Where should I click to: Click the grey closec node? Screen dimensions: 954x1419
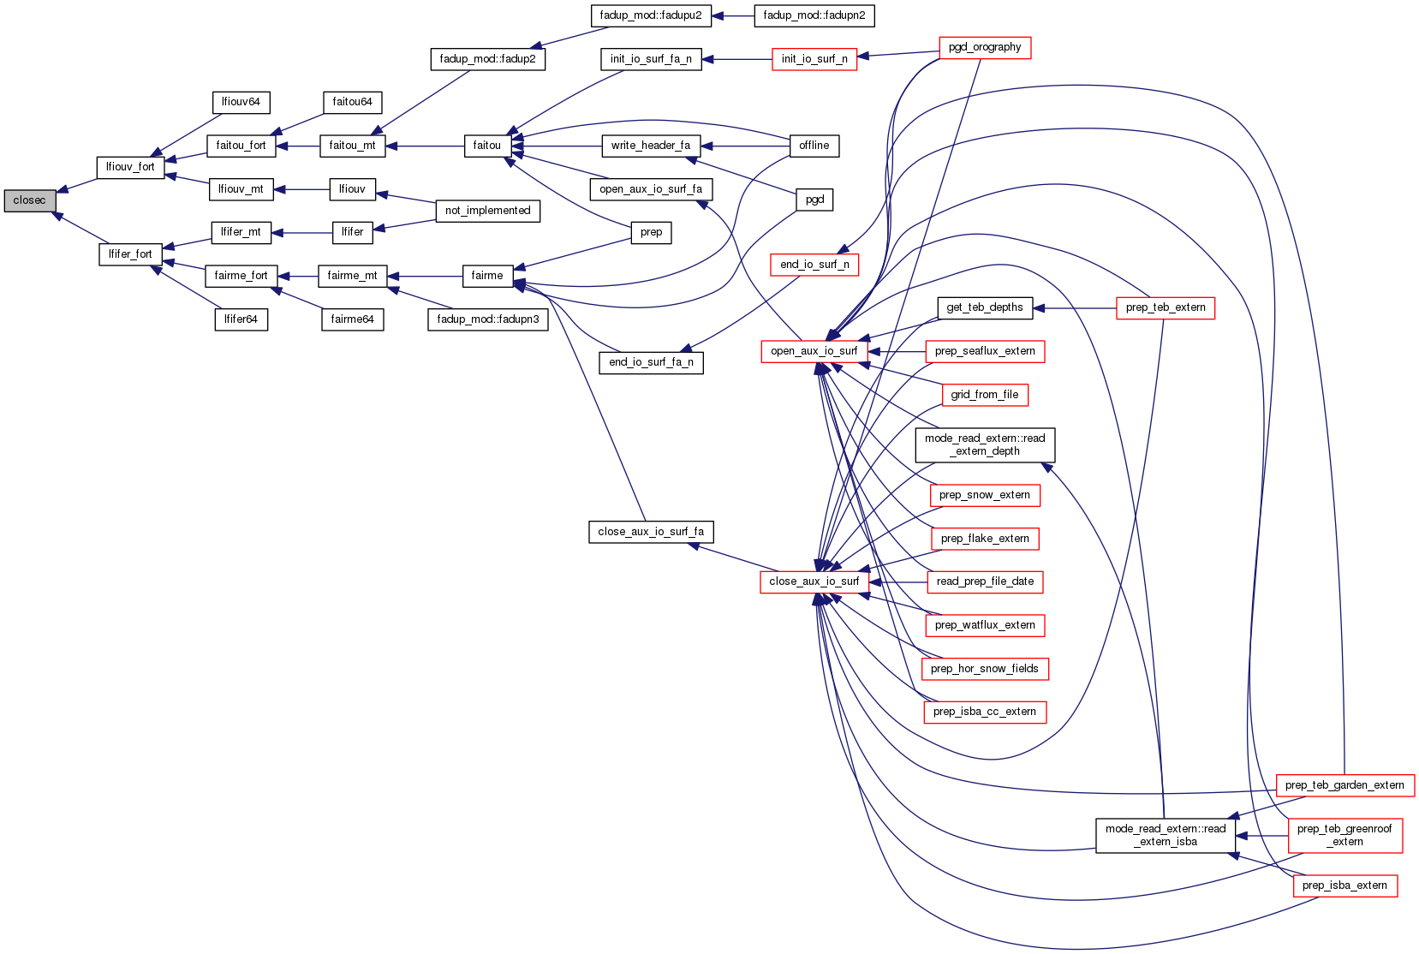click(x=29, y=200)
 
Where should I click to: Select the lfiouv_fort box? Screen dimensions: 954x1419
click(x=130, y=167)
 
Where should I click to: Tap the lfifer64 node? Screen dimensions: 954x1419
click(x=241, y=319)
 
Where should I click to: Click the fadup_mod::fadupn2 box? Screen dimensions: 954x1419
click(x=814, y=15)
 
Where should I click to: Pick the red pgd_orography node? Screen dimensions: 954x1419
click(x=984, y=48)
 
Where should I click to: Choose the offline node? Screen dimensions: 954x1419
click(x=814, y=146)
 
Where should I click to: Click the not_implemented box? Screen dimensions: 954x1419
click(x=487, y=211)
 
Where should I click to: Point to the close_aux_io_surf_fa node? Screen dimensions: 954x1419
click(x=651, y=532)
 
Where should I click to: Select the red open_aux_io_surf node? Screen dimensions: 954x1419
click(x=814, y=351)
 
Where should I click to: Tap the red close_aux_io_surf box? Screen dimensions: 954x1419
click(x=814, y=581)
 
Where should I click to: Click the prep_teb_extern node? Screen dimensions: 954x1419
click(x=1165, y=307)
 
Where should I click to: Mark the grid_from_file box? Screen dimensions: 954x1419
click(x=984, y=395)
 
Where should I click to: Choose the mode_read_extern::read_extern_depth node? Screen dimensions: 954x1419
click(x=984, y=444)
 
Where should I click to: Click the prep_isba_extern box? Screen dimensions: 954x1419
click(x=1344, y=885)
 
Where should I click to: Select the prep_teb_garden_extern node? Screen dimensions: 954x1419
click(x=1344, y=785)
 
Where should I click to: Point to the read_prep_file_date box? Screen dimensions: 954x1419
click(x=984, y=581)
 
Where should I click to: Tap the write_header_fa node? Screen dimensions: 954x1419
click(x=651, y=146)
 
